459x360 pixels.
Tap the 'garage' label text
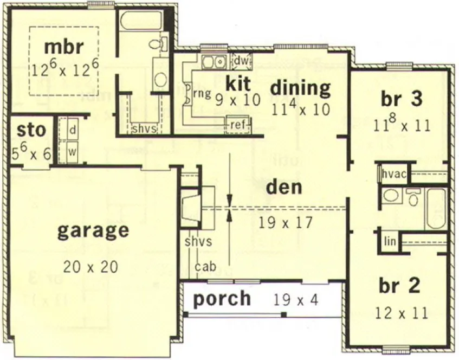click(x=93, y=230)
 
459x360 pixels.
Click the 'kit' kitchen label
click(x=238, y=83)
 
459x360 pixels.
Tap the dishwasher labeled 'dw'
click(x=241, y=61)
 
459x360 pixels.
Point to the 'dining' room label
click(x=300, y=87)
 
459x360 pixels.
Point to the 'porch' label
click(x=222, y=299)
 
